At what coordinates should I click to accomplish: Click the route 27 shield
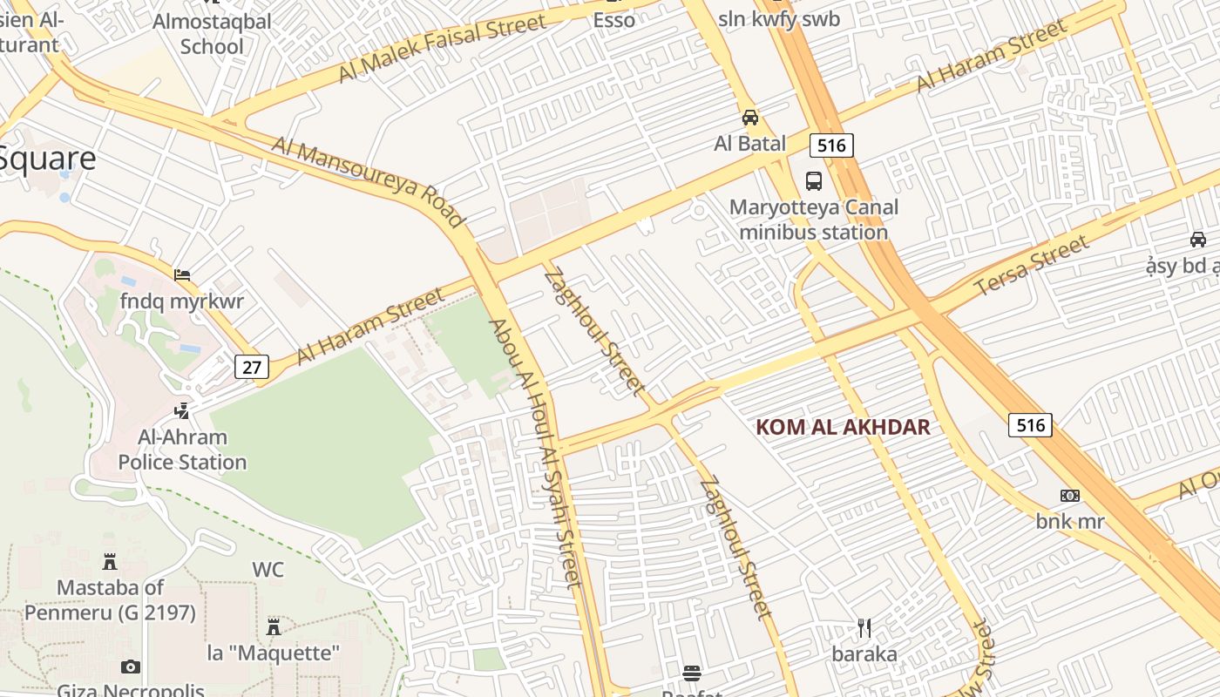252,367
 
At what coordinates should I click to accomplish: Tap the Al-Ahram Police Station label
183,450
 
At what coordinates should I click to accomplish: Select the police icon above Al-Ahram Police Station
182,410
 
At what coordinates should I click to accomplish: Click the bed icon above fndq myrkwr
182,275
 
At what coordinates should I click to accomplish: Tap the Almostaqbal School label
212,33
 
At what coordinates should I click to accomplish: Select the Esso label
614,20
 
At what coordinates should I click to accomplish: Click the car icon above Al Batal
749,118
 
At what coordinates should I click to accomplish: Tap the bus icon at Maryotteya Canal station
814,181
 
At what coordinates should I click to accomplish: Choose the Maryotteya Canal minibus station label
813,220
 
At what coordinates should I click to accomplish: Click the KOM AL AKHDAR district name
843,427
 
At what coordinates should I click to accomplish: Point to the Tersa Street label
1031,265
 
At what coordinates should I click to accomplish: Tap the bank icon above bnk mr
1070,496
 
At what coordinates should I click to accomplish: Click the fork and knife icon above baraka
864,628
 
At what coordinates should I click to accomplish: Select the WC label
268,570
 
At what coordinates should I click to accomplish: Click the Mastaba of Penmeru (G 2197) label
110,600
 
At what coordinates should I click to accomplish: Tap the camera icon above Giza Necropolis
131,667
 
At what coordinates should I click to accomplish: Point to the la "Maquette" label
273,653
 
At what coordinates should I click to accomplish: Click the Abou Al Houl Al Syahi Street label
534,453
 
